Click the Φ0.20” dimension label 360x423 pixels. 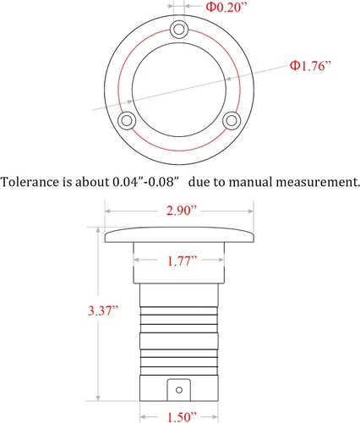click(x=226, y=7)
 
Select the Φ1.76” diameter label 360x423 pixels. click(x=310, y=66)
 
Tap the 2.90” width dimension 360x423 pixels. click(x=182, y=211)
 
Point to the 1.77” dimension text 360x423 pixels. click(x=182, y=261)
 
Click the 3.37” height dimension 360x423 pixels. click(x=103, y=310)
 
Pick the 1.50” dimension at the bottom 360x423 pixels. click(x=182, y=417)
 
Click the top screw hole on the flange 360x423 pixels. click(x=179, y=29)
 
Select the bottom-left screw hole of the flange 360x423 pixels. click(x=127, y=121)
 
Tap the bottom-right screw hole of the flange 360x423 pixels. click(x=232, y=121)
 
